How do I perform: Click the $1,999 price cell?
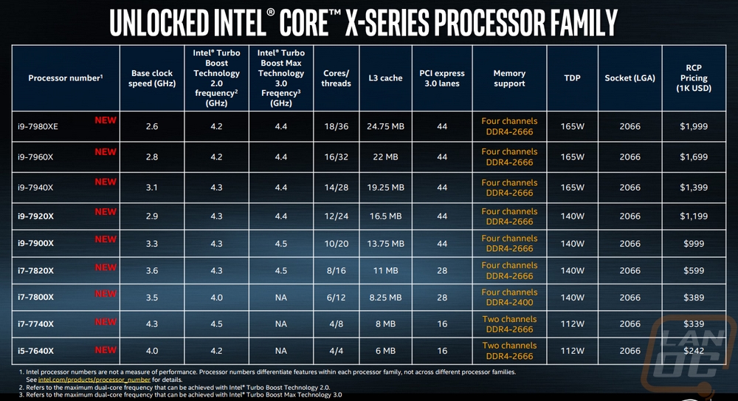click(694, 126)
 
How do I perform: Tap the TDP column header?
click(573, 78)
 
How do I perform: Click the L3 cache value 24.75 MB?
click(385, 126)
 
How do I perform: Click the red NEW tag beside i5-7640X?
click(106, 349)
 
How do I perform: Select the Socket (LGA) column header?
click(630, 78)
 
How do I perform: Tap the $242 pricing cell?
click(694, 351)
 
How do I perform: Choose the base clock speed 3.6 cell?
click(152, 271)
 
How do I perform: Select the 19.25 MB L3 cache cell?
click(385, 188)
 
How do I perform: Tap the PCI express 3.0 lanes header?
click(441, 78)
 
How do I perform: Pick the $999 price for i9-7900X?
click(694, 244)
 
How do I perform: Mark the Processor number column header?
click(65, 78)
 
